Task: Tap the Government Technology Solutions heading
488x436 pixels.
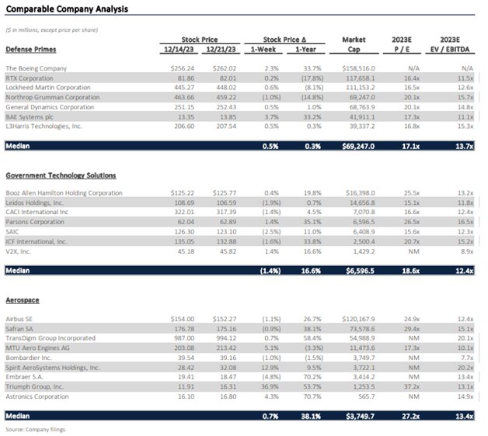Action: click(x=61, y=176)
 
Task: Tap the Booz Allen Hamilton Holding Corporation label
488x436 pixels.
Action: click(x=64, y=192)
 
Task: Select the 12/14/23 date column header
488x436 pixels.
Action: click(x=179, y=49)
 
